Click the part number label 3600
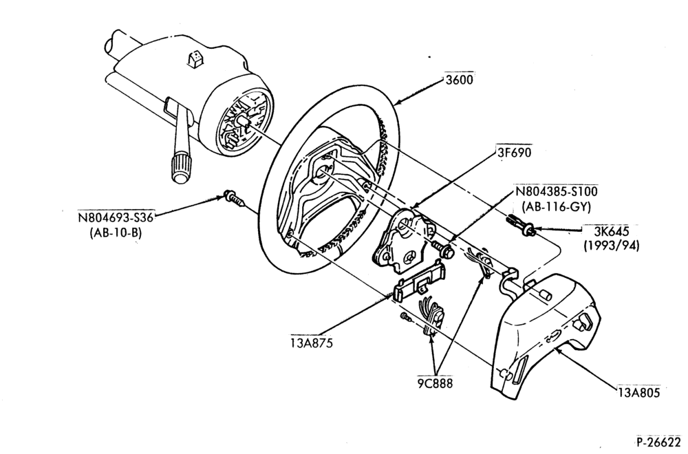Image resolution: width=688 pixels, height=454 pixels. click(x=459, y=80)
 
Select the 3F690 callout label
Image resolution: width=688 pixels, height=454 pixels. click(x=514, y=152)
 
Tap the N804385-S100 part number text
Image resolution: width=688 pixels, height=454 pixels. click(x=557, y=191)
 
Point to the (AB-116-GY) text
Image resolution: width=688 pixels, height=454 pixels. click(x=557, y=206)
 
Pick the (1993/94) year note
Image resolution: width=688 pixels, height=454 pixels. click(x=611, y=245)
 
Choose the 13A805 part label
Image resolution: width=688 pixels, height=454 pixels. click(x=639, y=392)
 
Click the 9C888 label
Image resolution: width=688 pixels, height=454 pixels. click(x=435, y=383)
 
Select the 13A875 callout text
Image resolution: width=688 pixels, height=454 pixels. click(x=312, y=342)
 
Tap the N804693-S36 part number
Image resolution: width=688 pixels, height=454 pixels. click(x=116, y=217)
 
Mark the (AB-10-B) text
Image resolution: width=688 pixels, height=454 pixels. click(x=116, y=233)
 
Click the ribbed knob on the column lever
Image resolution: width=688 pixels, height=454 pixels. click(x=181, y=168)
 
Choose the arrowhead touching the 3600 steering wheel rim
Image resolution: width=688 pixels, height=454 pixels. click(x=397, y=103)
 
